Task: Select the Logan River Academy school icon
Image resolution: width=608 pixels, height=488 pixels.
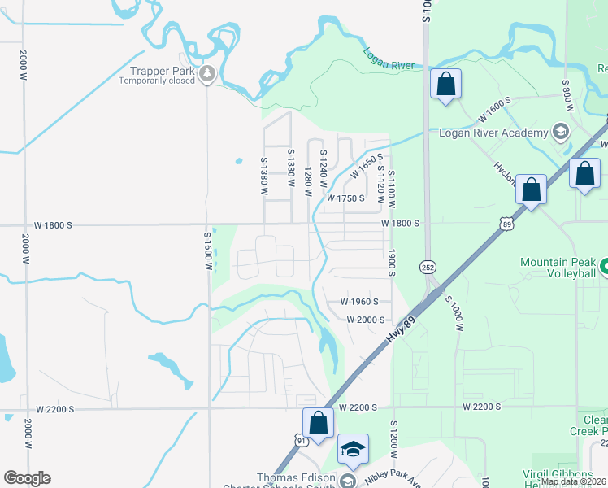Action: pyautogui.click(x=560, y=131)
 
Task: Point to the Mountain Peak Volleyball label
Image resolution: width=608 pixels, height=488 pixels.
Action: pyautogui.click(x=558, y=268)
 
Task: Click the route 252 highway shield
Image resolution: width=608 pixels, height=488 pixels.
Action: pyautogui.click(x=428, y=267)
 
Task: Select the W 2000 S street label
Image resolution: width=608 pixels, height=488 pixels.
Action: pyautogui.click(x=365, y=320)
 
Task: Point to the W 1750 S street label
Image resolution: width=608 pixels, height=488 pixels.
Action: pyautogui.click(x=346, y=198)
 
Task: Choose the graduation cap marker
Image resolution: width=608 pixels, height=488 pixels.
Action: pyautogui.click(x=354, y=448)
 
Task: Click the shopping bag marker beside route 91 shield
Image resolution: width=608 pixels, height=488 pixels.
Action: pyautogui.click(x=318, y=423)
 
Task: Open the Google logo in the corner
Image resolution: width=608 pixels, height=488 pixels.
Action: pyautogui.click(x=27, y=478)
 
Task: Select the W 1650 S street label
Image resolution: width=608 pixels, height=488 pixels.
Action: pyautogui.click(x=367, y=167)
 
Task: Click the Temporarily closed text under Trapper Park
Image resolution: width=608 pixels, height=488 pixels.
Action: pyautogui.click(x=157, y=81)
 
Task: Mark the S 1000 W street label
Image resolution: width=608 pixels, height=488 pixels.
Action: pyautogui.click(x=456, y=312)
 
